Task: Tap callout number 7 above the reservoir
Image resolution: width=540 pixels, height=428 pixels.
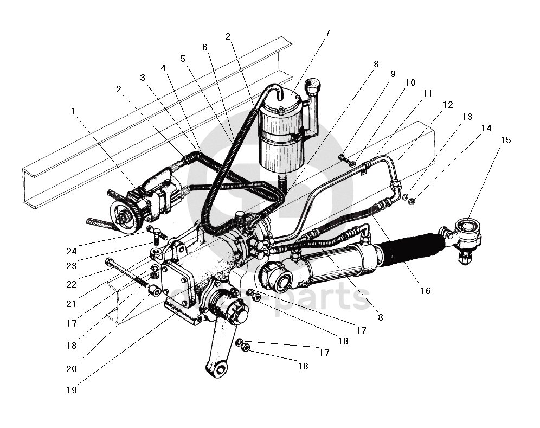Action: click(x=327, y=33)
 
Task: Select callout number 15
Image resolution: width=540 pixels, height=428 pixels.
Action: click(x=505, y=140)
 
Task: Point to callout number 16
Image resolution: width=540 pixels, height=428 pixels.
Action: click(x=425, y=291)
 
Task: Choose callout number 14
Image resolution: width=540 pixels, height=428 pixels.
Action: click(x=486, y=128)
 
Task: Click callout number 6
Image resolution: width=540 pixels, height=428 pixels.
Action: click(x=205, y=47)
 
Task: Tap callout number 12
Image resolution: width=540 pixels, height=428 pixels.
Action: click(x=448, y=105)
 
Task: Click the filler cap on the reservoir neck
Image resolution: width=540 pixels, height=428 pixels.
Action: click(x=313, y=85)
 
